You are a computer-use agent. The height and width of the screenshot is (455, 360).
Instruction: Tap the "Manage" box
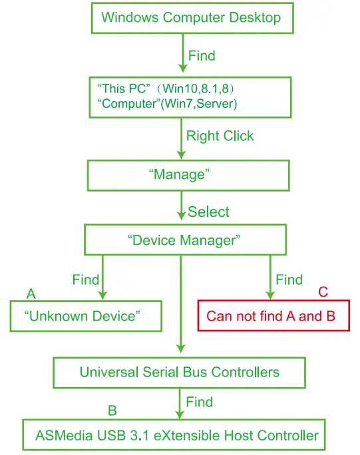(188, 176)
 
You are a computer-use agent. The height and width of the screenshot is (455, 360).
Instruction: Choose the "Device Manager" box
(183, 239)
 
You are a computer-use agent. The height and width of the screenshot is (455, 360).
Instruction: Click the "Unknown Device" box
(86, 315)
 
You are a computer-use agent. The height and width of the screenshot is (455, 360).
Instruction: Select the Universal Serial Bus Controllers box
(180, 372)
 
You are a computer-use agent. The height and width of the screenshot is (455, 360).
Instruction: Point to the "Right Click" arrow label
(220, 136)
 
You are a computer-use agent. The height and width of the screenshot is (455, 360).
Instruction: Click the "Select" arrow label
(208, 212)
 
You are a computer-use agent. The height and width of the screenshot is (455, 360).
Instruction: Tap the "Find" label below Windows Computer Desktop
(202, 56)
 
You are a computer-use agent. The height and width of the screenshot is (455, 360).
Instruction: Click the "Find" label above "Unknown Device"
(85, 279)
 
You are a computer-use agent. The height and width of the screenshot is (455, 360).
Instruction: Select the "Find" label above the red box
(289, 279)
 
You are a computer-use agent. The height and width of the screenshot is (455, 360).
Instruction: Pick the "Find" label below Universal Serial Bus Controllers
(199, 402)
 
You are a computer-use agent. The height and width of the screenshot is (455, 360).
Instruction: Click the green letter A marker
(31, 293)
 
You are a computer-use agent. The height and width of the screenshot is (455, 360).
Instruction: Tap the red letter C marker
(323, 291)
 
